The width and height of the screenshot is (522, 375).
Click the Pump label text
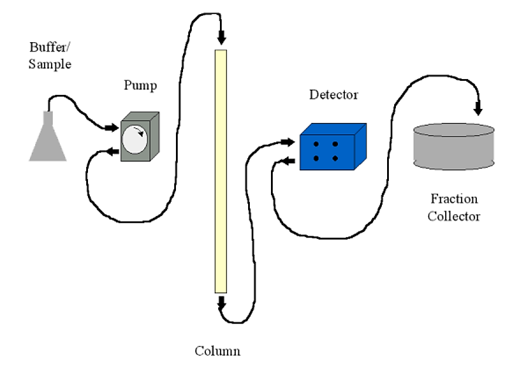click(x=140, y=86)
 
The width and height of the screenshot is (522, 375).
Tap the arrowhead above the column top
click(x=221, y=39)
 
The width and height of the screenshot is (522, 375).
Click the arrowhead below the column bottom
click(x=221, y=304)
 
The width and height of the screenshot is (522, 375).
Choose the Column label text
click(x=218, y=352)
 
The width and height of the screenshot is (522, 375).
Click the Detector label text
click(x=334, y=95)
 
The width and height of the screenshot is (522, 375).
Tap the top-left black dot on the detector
click(x=316, y=144)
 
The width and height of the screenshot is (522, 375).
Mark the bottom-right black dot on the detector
click(x=335, y=158)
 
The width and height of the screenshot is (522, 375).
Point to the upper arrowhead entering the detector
click(x=287, y=141)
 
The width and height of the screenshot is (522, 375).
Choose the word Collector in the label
click(x=454, y=216)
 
